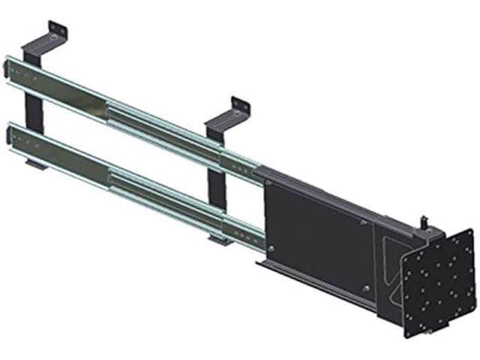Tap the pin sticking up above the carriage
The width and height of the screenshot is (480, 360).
425,220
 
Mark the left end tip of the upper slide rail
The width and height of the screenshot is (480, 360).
7,67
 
